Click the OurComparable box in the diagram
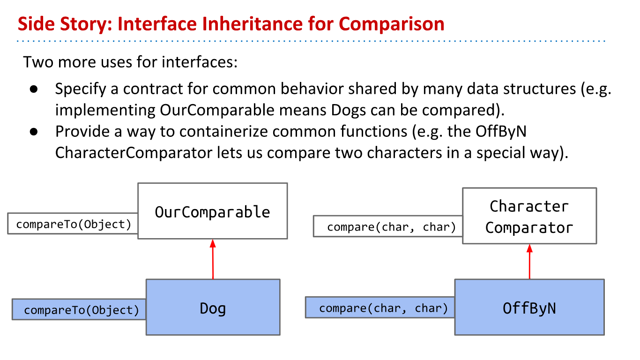pos(213,211)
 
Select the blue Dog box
pos(213,307)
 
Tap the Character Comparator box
pos(529,216)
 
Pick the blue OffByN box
pos(529,307)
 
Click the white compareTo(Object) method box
pos(73,224)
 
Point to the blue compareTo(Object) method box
pos(79,309)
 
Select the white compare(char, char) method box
pos(388,226)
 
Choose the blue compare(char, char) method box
pos(380,307)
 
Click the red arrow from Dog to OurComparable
pos(213,259)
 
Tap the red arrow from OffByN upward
pos(529,262)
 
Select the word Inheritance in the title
pos(210,23)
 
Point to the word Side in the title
pos(36,23)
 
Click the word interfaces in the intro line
pos(200,62)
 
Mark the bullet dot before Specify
pos(34,89)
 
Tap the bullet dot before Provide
pos(34,132)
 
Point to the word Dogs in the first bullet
pos(348,110)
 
